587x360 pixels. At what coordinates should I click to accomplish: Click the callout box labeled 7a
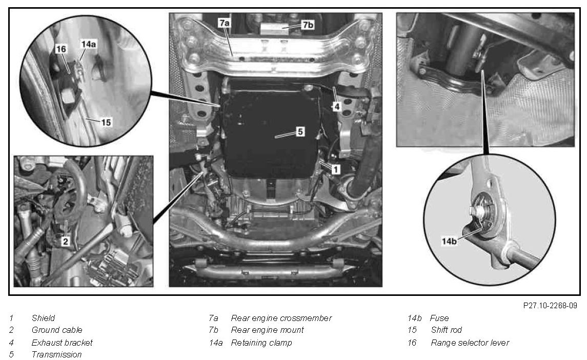click(x=224, y=23)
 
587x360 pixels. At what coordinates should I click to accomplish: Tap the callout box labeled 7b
click(x=308, y=25)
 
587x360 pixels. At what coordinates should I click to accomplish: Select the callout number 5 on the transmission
click(x=300, y=131)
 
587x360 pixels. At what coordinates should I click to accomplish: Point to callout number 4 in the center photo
click(x=336, y=106)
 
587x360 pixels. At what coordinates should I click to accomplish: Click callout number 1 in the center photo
click(x=336, y=169)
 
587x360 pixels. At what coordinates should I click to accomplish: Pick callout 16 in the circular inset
click(x=60, y=49)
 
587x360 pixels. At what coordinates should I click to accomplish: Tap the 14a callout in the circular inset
click(x=89, y=44)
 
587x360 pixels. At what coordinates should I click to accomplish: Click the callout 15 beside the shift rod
click(x=106, y=122)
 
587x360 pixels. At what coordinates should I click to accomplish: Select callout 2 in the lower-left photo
click(x=66, y=241)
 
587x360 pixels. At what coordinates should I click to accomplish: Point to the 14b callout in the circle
click(x=449, y=241)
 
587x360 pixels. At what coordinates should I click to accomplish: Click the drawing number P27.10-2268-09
click(x=550, y=305)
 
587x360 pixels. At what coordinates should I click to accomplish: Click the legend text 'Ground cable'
click(x=57, y=330)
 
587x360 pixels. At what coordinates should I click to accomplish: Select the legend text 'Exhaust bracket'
click(x=62, y=343)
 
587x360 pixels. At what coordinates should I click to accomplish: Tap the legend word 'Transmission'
click(x=56, y=354)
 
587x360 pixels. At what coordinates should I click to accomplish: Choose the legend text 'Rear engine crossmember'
click(x=281, y=318)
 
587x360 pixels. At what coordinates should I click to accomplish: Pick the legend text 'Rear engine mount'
click(x=267, y=330)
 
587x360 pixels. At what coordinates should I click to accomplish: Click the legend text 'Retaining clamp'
click(x=261, y=343)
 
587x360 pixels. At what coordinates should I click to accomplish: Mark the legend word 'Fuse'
click(x=439, y=318)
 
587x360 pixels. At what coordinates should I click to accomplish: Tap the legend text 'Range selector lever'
click(x=470, y=343)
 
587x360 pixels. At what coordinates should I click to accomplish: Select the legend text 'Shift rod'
click(x=446, y=330)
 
